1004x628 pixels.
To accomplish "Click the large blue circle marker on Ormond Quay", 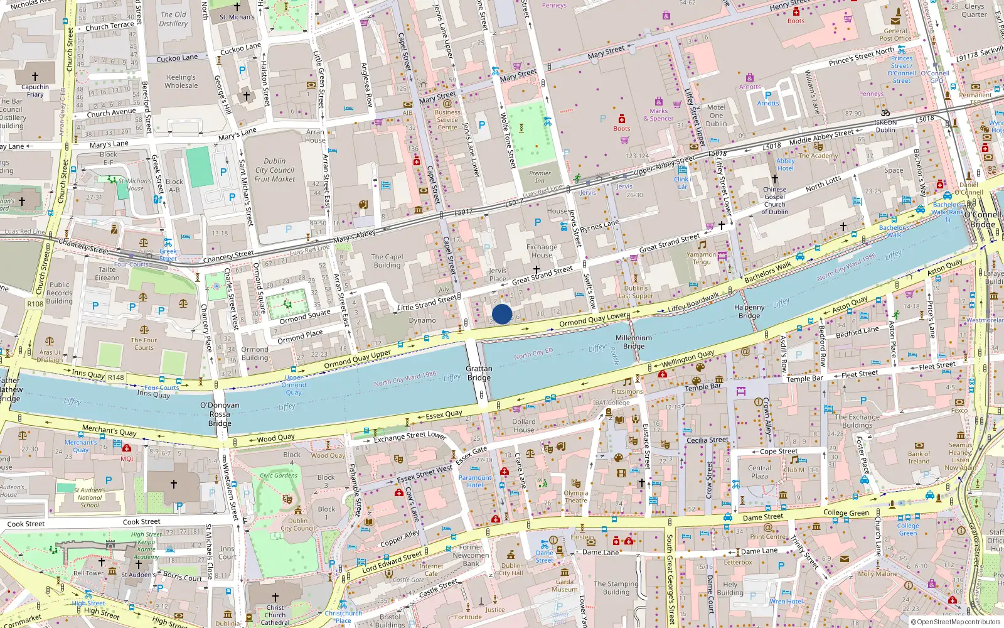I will (502, 314).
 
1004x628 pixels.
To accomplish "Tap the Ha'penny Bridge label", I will (749, 311).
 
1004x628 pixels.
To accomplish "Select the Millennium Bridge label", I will (634, 342).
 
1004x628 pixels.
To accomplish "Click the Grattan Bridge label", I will (479, 373).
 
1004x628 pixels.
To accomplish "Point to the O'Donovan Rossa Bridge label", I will (220, 414).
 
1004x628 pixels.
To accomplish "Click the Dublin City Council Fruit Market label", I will (275, 170).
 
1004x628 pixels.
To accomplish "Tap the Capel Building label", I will (387, 261).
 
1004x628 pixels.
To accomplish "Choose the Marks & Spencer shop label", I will (658, 114).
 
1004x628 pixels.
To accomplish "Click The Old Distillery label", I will (173, 19).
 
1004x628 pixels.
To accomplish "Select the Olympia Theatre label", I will (575, 497).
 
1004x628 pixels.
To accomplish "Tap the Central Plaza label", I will (759, 472).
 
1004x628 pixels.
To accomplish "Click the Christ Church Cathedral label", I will (275, 615).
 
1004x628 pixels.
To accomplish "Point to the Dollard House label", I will (523, 426).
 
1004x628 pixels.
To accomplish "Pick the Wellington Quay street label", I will (688, 359).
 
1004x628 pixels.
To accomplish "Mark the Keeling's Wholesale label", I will (181, 81).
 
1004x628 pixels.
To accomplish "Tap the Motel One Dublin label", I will (716, 115).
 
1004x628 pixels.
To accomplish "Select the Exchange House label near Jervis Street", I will (542, 251).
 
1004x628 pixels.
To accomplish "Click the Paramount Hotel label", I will (475, 481).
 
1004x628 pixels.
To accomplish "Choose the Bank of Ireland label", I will (919, 457).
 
